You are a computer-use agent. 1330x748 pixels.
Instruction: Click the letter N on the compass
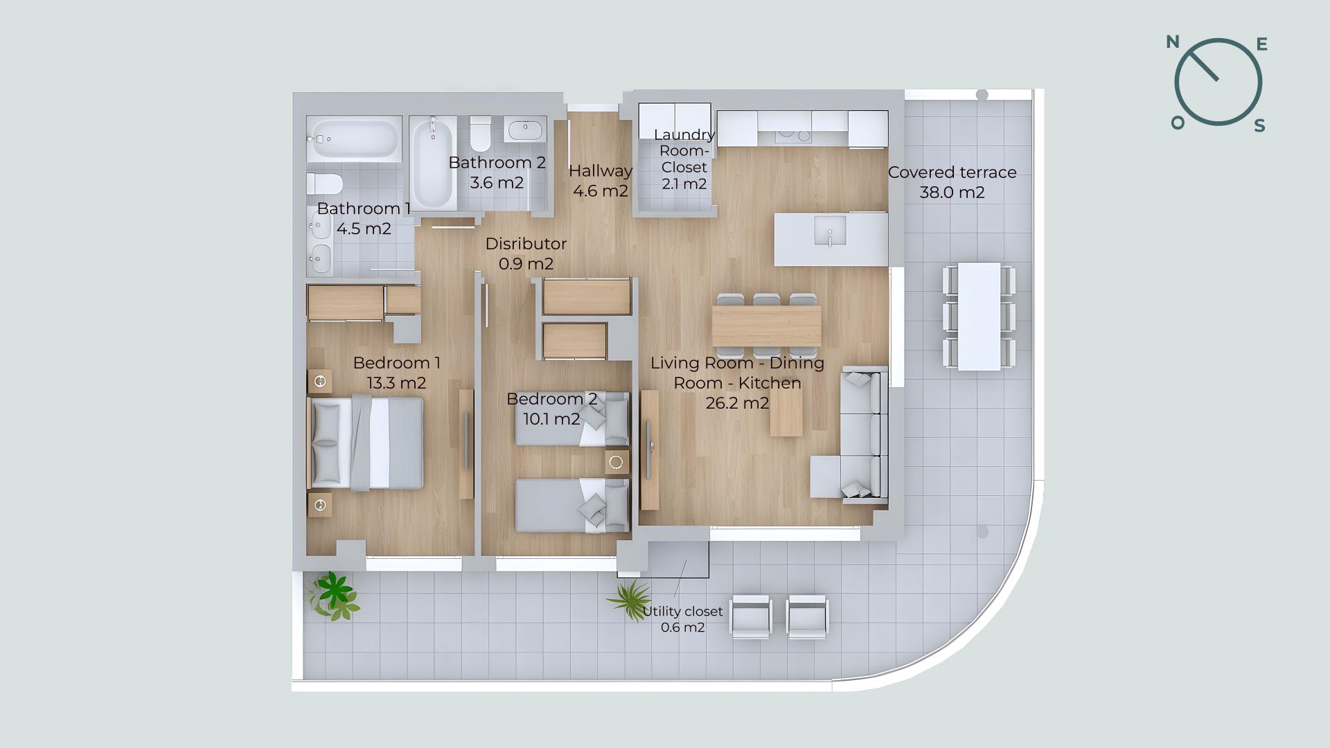(x=1173, y=42)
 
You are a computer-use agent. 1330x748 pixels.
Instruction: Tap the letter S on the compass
(x=1260, y=125)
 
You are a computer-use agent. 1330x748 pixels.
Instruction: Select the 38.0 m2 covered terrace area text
(x=952, y=193)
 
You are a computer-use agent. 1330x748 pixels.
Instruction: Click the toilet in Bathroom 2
(x=480, y=133)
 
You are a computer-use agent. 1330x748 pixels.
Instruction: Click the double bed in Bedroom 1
(x=365, y=443)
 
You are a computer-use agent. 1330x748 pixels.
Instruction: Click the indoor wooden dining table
(x=767, y=326)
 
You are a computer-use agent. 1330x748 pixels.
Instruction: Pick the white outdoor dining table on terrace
(x=979, y=317)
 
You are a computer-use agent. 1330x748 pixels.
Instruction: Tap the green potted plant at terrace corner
(x=335, y=595)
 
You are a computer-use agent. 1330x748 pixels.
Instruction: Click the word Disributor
(x=526, y=244)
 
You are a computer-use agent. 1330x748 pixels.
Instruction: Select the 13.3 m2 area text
(x=396, y=383)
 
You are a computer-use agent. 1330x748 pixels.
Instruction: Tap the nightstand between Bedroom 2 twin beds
(x=617, y=462)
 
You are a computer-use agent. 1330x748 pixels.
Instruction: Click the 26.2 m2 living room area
(x=737, y=403)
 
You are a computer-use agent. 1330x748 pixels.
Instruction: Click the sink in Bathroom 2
(x=525, y=129)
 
